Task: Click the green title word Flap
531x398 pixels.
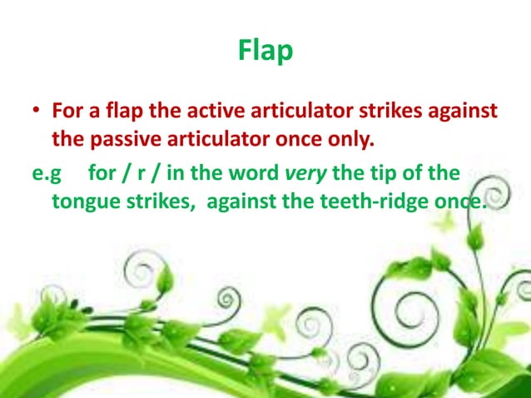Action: [x=265, y=51]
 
